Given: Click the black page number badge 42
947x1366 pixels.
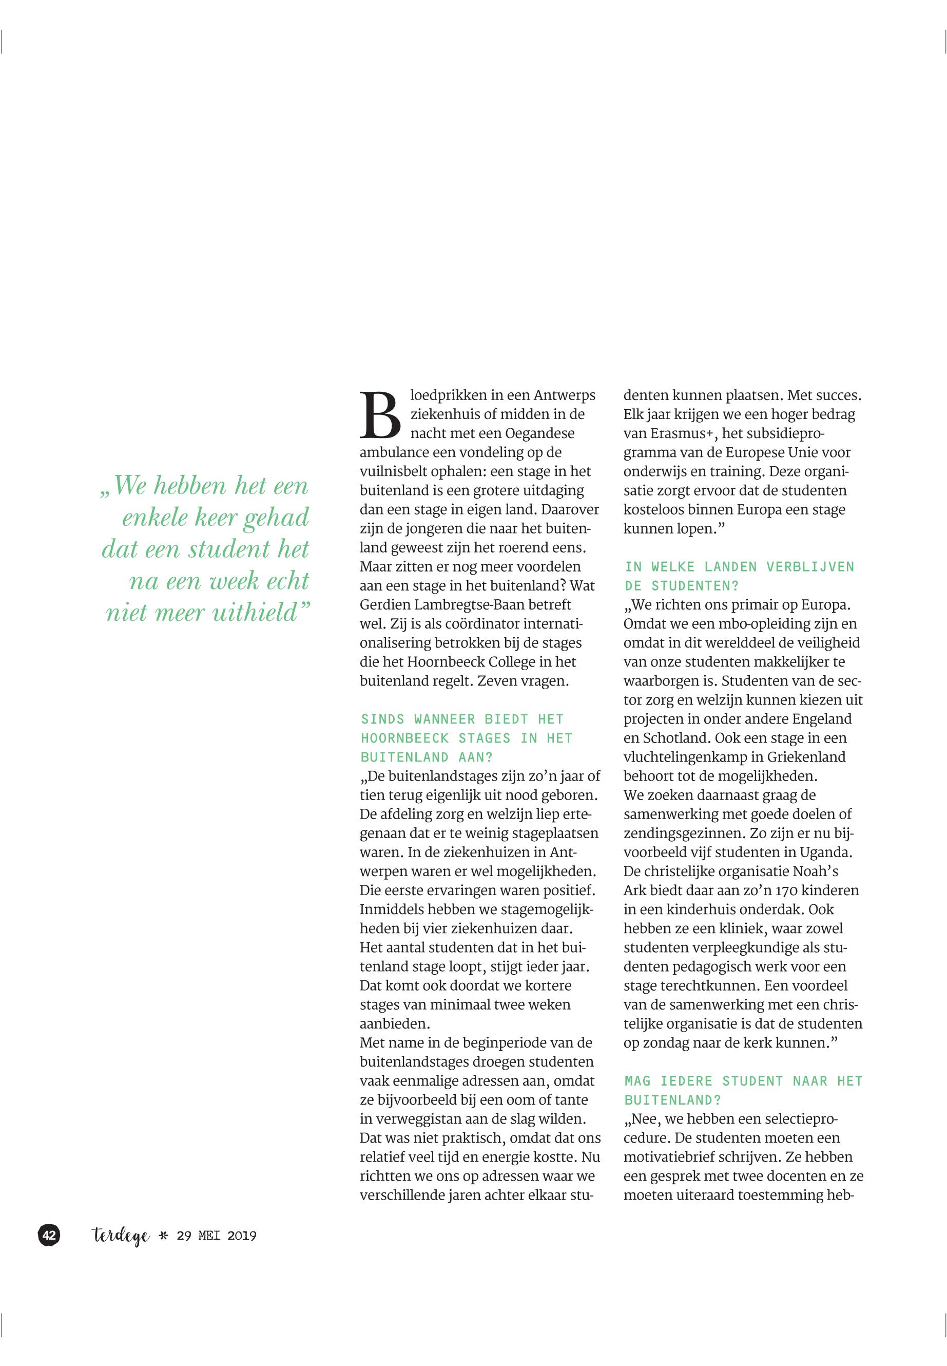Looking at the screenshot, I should pyautogui.click(x=49, y=1236).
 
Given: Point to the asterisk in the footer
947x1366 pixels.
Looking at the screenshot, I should pyautogui.click(x=164, y=1236).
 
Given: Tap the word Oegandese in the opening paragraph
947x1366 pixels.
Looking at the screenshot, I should pyautogui.click(x=540, y=433).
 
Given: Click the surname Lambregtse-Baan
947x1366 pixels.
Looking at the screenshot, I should pyautogui.click(x=482, y=605).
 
